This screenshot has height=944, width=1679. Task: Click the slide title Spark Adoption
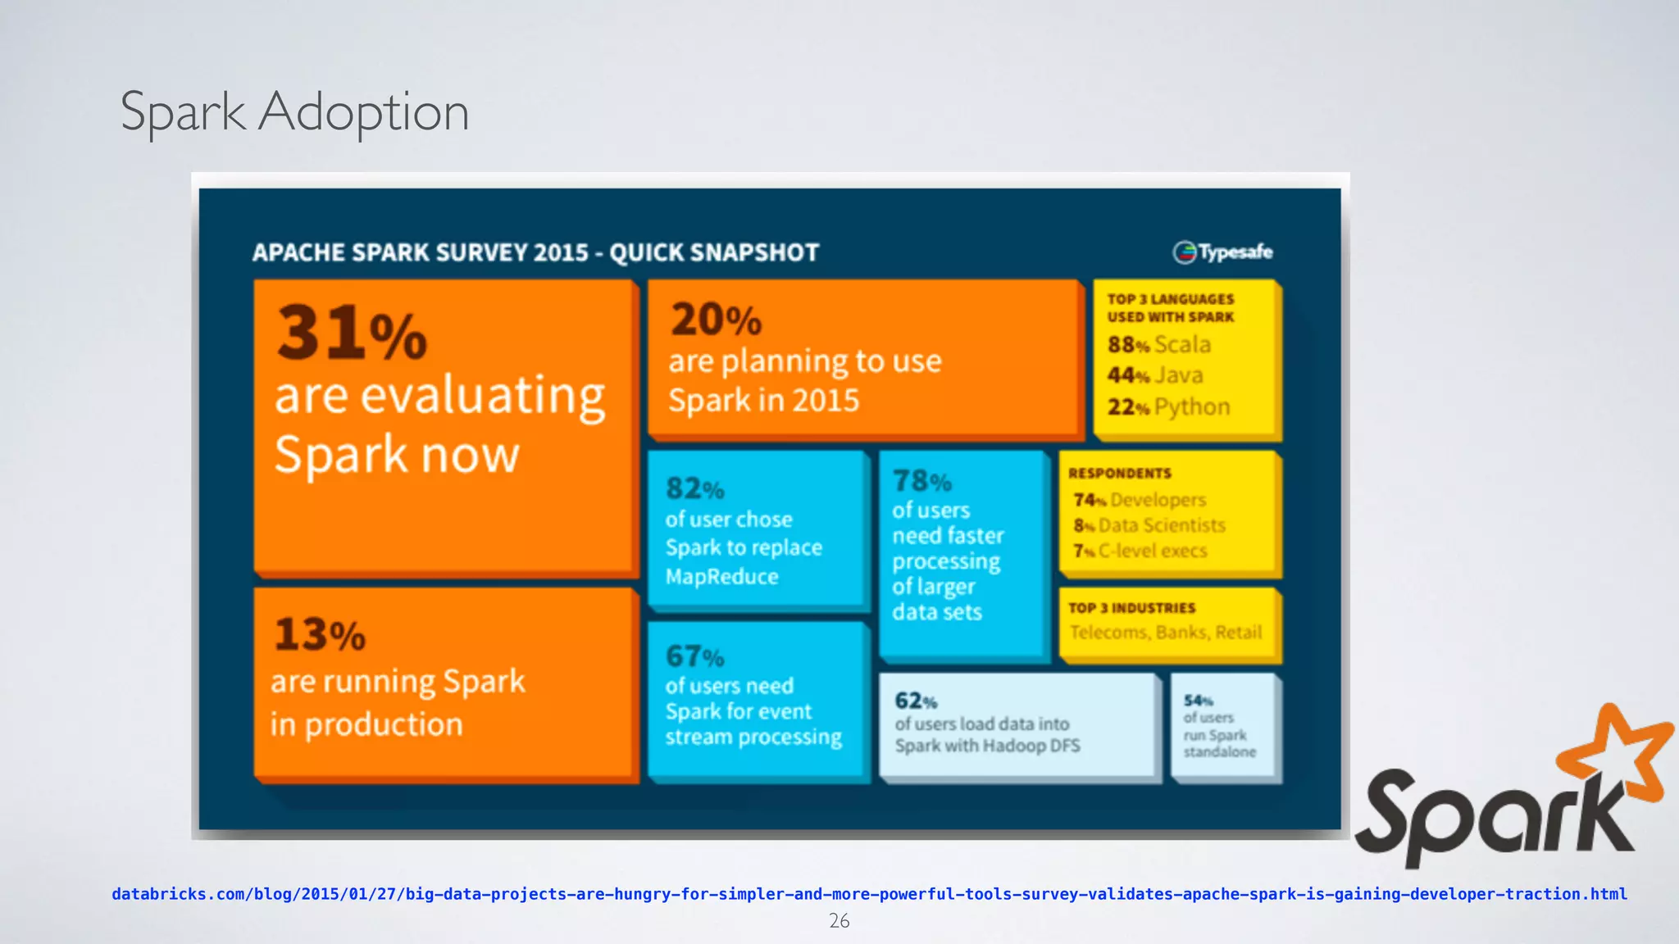tap(294, 112)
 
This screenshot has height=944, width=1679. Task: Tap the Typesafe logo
tap(1222, 252)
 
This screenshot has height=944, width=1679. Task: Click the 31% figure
tap(352, 333)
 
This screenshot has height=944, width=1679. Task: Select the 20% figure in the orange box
tap(716, 320)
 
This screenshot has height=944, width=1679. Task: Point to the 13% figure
tap(320, 634)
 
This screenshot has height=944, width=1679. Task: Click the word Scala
tap(1182, 344)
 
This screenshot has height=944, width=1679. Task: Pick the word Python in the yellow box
tap(1192, 406)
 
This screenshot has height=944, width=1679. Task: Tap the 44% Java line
tap(1155, 375)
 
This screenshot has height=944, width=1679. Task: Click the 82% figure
tap(694, 489)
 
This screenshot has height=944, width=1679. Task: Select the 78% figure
tap(921, 480)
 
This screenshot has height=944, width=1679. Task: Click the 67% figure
tap(694, 656)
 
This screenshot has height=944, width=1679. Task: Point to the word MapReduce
tap(721, 577)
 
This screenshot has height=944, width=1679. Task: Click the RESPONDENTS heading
tap(1119, 474)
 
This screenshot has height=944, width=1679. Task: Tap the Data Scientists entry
tap(1162, 525)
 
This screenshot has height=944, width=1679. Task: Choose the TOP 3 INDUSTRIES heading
tap(1131, 608)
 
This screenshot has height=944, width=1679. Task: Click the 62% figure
tap(915, 701)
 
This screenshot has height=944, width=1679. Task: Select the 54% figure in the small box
tap(1198, 701)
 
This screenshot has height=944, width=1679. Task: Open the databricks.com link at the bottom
tap(869, 894)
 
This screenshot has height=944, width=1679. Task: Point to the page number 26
tap(839, 921)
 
